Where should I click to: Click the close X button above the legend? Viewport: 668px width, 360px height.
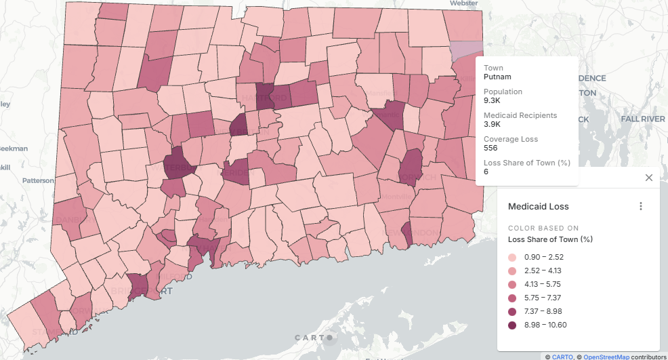tap(648, 178)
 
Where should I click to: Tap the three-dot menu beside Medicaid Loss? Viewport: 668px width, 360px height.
tap(641, 206)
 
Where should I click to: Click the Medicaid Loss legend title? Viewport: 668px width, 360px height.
tap(539, 206)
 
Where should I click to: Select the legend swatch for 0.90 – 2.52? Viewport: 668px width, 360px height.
tap(512, 257)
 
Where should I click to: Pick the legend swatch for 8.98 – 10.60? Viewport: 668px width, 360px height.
tap(512, 325)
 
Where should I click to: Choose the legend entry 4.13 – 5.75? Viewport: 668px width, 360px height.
tap(543, 284)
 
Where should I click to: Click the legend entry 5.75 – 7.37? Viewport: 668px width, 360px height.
tap(543, 298)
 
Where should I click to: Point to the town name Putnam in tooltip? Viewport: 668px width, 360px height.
tap(497, 77)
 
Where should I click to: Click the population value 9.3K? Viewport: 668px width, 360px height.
tap(493, 100)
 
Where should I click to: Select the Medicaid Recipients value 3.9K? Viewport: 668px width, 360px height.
tap(493, 124)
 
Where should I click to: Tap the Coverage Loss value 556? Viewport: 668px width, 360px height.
tap(491, 148)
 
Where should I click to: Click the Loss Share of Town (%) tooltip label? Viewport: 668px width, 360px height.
tap(527, 163)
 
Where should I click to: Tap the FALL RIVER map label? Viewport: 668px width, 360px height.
tap(643, 119)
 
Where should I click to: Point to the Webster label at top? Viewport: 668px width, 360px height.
tap(464, 3)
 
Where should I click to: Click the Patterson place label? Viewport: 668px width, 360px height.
tap(38, 180)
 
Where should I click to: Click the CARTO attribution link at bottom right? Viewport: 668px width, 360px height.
tap(562, 356)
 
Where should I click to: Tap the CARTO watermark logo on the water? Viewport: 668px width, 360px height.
tap(313, 338)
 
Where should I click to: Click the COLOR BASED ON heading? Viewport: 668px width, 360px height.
tap(543, 228)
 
